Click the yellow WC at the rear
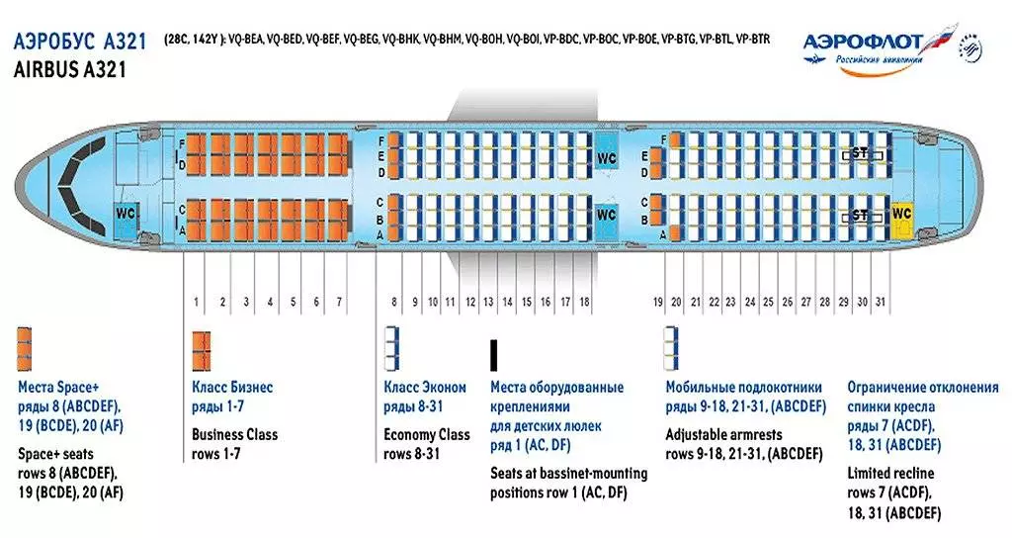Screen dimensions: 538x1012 [901, 214]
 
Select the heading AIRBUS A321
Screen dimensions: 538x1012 [71, 70]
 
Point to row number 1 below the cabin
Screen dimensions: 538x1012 [197, 301]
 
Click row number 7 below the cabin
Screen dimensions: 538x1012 [339, 301]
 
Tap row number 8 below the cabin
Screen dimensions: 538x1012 [393, 301]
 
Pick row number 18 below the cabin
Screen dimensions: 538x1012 [584, 301]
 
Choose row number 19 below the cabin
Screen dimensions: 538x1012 [657, 301]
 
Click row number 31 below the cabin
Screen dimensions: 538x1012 [881, 301]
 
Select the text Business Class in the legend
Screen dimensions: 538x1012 [234, 434]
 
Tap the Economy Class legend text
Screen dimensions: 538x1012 [427, 434]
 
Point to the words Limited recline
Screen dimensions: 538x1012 [890, 473]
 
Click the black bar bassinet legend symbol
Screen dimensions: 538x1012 [494, 353]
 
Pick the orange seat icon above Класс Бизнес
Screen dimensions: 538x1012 [201, 348]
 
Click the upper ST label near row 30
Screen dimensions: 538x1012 [860, 155]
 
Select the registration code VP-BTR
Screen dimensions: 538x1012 [754, 40]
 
